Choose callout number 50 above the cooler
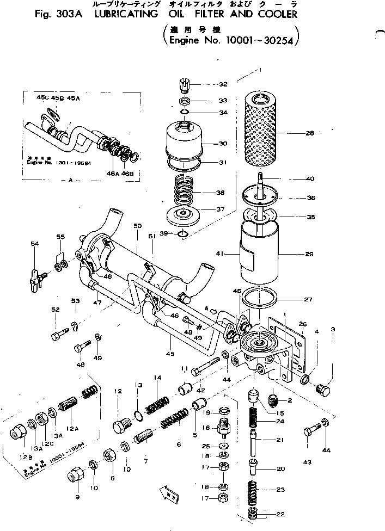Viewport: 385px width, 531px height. (x=137, y=226)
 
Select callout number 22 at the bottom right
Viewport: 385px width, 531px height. (x=280, y=514)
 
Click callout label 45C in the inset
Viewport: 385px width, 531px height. (x=42, y=98)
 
